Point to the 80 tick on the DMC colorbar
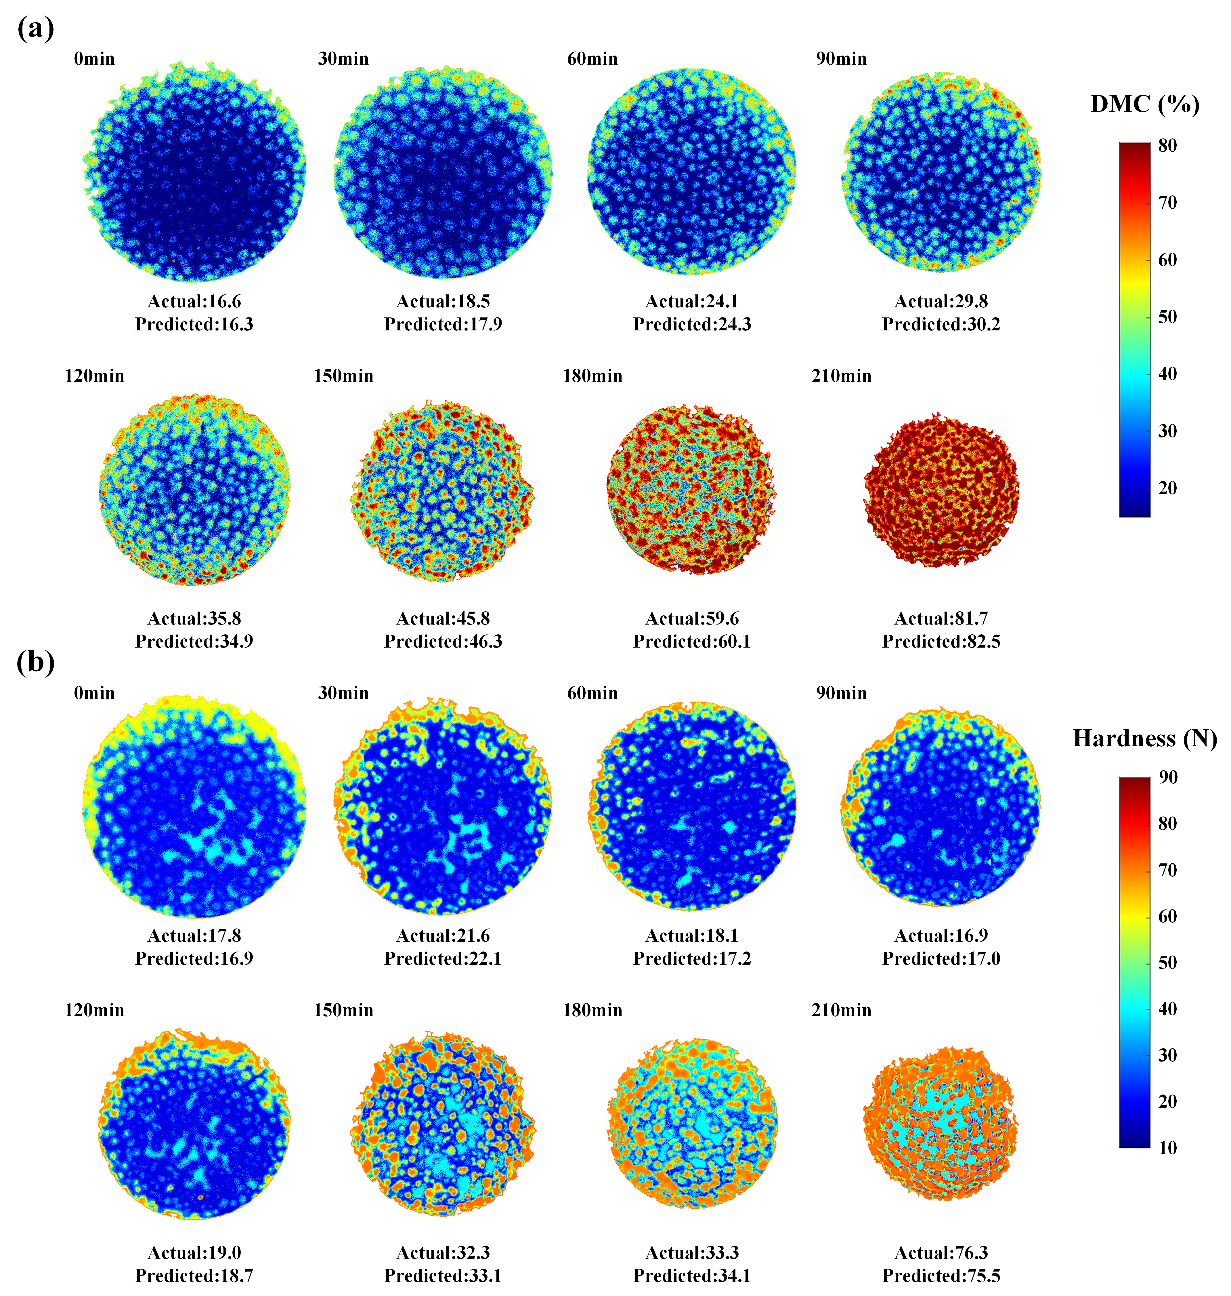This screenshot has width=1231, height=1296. click(x=1167, y=146)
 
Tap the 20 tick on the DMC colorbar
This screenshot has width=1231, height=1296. click(x=1167, y=488)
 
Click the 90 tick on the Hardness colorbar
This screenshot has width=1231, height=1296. click(x=1167, y=777)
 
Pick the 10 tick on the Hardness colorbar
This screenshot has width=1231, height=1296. click(x=1167, y=1147)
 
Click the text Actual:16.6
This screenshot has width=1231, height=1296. click(x=194, y=301)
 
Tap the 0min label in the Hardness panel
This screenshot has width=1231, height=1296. click(x=95, y=693)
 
